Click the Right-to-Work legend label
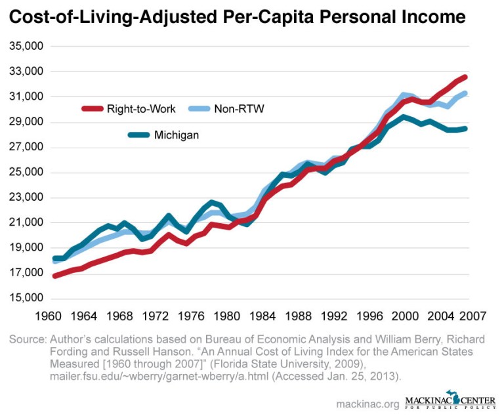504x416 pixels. point(141,109)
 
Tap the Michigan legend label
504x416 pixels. point(177,135)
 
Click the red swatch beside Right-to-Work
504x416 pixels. point(93,109)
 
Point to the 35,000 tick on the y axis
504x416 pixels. point(26,47)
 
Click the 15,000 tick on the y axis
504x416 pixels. point(26,299)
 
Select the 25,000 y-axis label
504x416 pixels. point(26,173)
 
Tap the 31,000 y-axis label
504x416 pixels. point(26,97)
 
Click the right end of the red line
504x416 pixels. point(465,77)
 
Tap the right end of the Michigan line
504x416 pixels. point(465,129)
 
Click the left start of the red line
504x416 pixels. point(55,276)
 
